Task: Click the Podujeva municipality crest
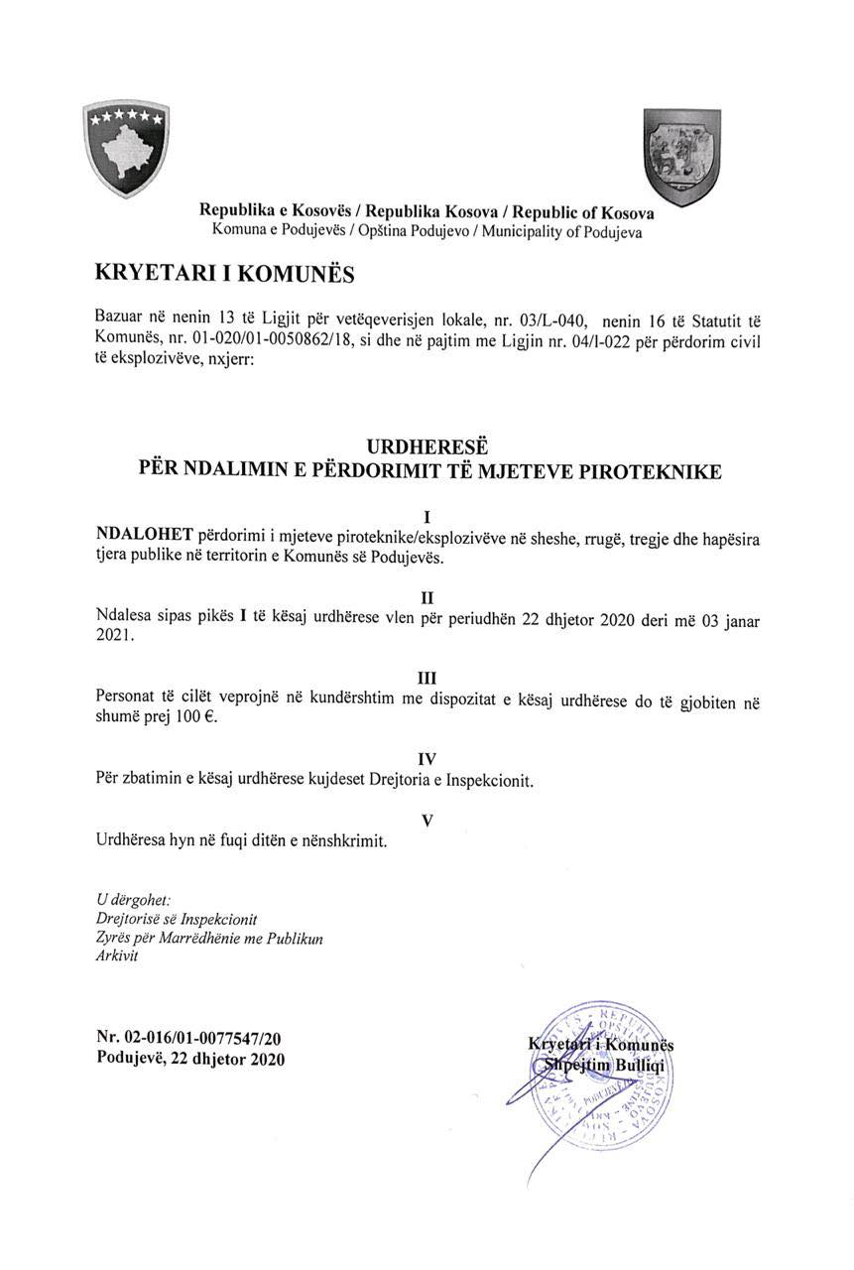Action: coord(682,156)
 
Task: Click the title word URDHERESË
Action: coord(428,447)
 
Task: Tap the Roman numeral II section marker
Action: coord(428,597)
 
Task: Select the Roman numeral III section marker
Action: coord(428,678)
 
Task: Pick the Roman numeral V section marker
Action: coord(427,821)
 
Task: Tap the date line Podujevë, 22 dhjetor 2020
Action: coord(190,1059)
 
